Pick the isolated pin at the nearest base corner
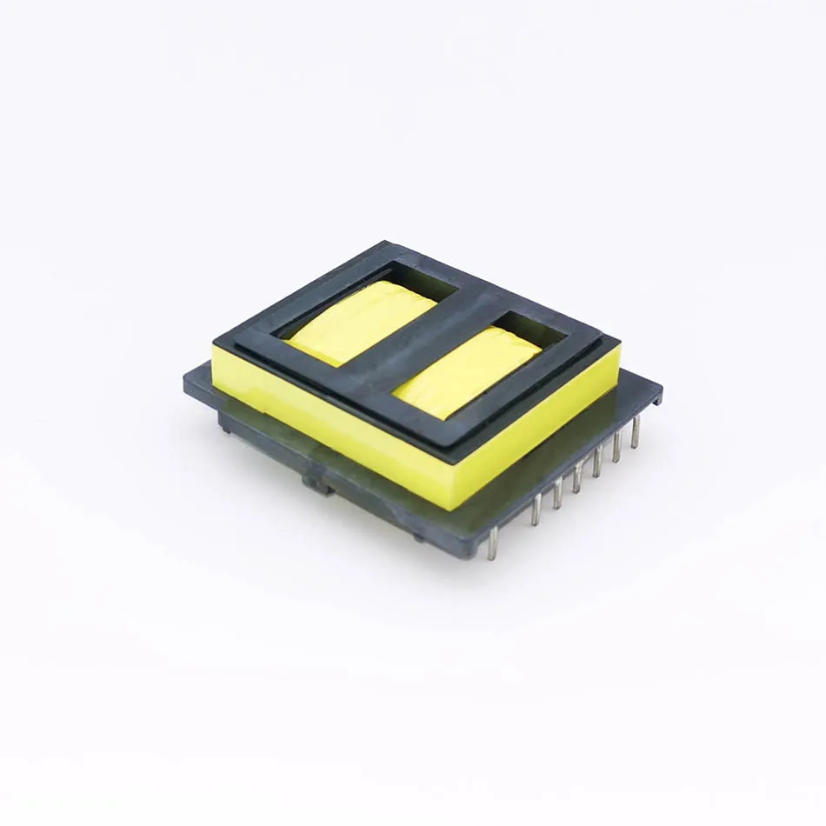point(491,543)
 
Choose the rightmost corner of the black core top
point(619,341)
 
